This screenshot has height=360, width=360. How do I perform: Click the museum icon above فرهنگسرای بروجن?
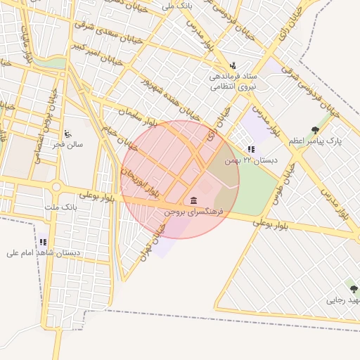click(x=193, y=200)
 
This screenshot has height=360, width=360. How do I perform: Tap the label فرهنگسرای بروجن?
click(x=193, y=211)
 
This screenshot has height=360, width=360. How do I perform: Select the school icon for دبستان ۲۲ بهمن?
click(x=251, y=149)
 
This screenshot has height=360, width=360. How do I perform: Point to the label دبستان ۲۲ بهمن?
click(x=251, y=161)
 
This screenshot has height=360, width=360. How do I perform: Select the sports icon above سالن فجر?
click(x=67, y=134)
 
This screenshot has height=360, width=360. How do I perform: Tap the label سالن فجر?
click(x=67, y=145)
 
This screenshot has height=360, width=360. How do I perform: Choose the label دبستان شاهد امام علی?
click(x=44, y=252)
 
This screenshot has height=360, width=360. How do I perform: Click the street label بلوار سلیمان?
click(x=134, y=116)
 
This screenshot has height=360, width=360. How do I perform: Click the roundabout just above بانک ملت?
click(x=56, y=187)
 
